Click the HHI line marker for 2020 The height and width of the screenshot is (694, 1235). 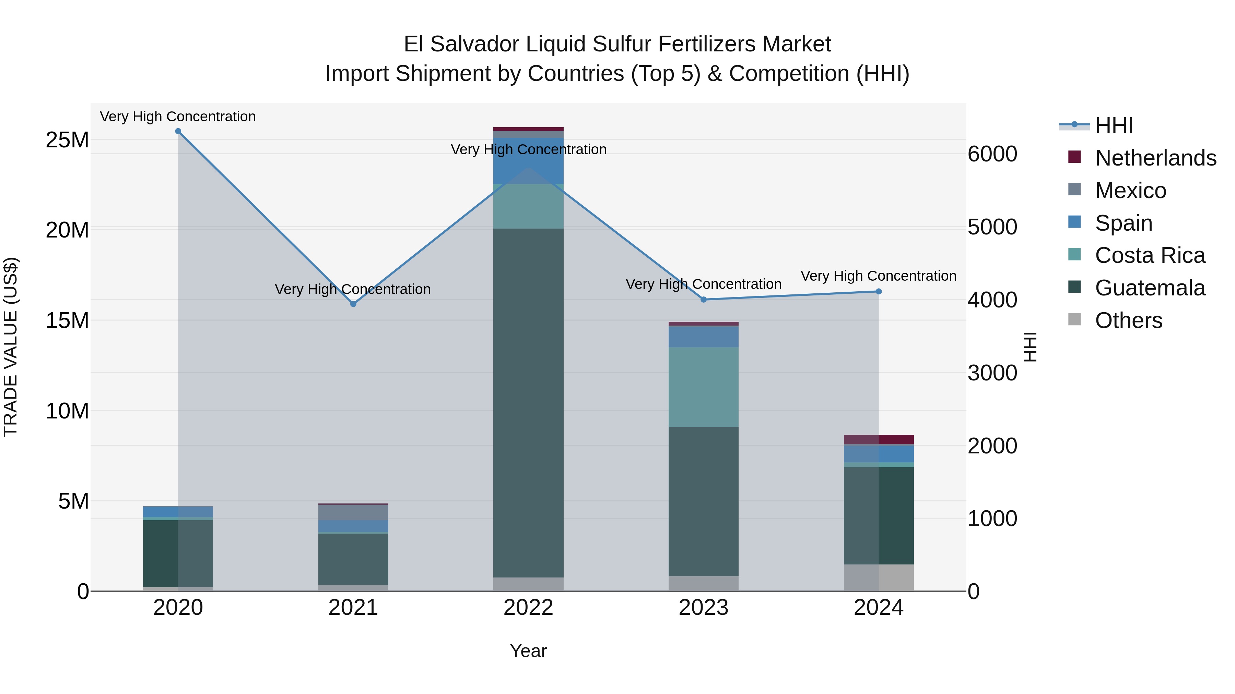pyautogui.click(x=178, y=131)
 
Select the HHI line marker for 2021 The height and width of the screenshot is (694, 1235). pyautogui.click(x=353, y=304)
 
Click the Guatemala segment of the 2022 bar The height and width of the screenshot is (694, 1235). pyautogui.click(x=528, y=402)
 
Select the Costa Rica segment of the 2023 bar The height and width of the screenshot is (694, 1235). pyautogui.click(x=703, y=387)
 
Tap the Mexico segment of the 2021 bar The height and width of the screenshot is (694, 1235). pyautogui.click(x=353, y=512)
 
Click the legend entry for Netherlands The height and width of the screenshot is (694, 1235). pyautogui.click(x=1155, y=158)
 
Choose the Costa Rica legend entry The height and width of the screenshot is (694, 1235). pyautogui.click(x=1150, y=255)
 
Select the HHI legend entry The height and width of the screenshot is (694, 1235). pyautogui.click(x=1114, y=125)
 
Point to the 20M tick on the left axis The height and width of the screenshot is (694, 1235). pyautogui.click(x=67, y=230)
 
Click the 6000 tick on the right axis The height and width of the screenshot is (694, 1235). pyautogui.click(x=992, y=154)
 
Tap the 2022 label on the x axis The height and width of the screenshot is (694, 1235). pyautogui.click(x=528, y=608)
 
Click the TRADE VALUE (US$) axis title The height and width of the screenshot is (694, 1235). pyautogui.click(x=11, y=347)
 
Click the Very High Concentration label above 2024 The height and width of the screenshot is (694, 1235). pyautogui.click(x=878, y=276)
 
